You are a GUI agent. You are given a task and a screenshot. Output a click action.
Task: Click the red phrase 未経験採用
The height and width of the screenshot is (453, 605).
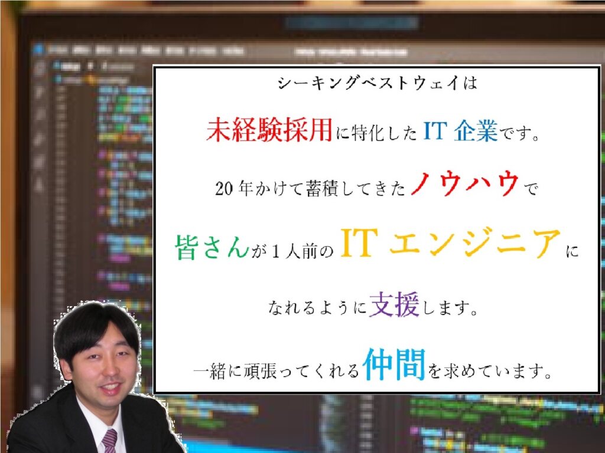coord(269,129)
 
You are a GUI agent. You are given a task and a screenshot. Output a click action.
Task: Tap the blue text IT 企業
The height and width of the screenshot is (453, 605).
coord(460,130)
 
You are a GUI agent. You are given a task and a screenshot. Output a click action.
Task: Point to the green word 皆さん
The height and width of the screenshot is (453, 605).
coord(212,247)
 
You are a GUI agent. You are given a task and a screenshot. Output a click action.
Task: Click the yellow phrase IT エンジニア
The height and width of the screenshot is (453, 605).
coord(450,242)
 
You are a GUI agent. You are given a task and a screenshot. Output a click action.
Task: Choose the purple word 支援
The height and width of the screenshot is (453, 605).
coord(394,304)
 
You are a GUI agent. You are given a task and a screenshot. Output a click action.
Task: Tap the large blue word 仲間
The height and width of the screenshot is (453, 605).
coord(394,364)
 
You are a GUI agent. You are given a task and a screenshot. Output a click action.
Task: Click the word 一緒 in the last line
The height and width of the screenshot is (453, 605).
coord(209,372)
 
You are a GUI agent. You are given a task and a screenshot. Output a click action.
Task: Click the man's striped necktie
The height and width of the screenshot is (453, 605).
coord(109,441)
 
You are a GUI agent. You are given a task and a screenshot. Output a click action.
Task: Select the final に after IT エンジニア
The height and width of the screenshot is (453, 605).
coord(572,251)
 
